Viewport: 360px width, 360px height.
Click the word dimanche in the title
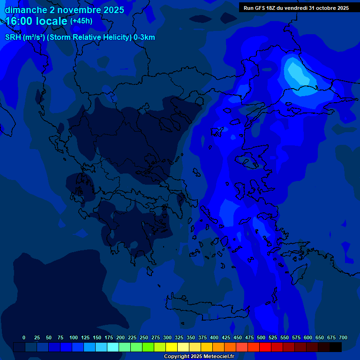click(x=26, y=10)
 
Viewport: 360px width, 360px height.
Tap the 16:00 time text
click(x=21, y=21)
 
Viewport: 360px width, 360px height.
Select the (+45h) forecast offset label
click(x=81, y=21)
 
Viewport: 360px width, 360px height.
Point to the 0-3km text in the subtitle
click(x=144, y=37)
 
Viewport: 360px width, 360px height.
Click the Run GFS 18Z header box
click(x=296, y=7)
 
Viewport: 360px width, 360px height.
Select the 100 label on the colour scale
click(x=74, y=337)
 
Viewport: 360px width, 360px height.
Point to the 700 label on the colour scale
click(x=343, y=337)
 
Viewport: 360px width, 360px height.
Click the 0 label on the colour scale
click(x=24, y=337)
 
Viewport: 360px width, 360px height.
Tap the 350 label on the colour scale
click(x=191, y=337)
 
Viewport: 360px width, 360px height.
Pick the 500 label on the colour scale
click(x=261, y=337)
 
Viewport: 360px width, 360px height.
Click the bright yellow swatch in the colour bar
click(x=172, y=347)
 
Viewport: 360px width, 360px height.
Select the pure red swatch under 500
click(x=265, y=347)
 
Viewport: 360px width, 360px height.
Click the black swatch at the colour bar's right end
click(x=336, y=347)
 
